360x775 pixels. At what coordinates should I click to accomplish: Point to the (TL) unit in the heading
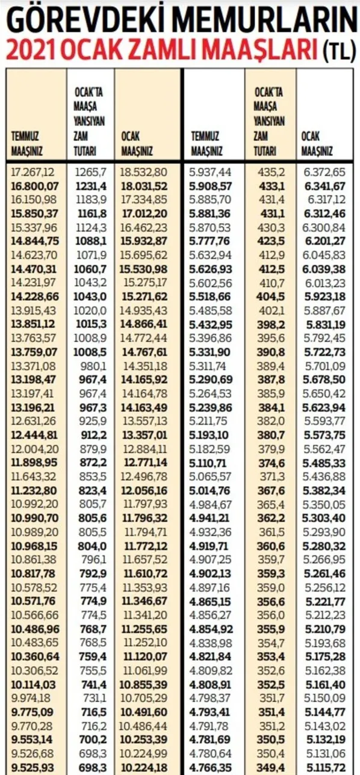point(339,52)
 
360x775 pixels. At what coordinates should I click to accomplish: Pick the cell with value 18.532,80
point(144,172)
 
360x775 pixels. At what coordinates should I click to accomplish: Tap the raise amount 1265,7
point(91,172)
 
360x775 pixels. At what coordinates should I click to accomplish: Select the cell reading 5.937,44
point(211,172)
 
